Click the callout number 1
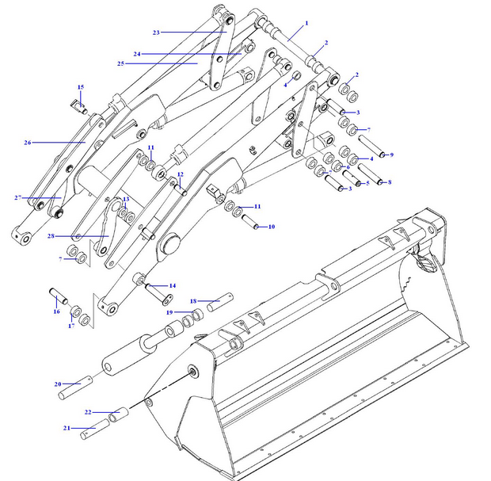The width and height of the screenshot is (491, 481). (306, 24)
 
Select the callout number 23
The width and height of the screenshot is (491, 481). (156, 32)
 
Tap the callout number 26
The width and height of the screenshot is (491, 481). (27, 143)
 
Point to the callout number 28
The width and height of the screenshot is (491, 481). (50, 236)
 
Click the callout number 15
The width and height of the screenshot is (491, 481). (80, 86)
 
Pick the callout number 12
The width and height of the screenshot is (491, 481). (180, 174)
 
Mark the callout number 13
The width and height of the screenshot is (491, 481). (125, 199)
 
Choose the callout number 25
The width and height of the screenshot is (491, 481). (120, 63)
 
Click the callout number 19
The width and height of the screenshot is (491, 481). (169, 312)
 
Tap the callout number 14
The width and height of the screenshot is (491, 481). (172, 285)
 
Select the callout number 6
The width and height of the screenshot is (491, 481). (347, 167)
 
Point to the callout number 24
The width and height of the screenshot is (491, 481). (136, 54)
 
